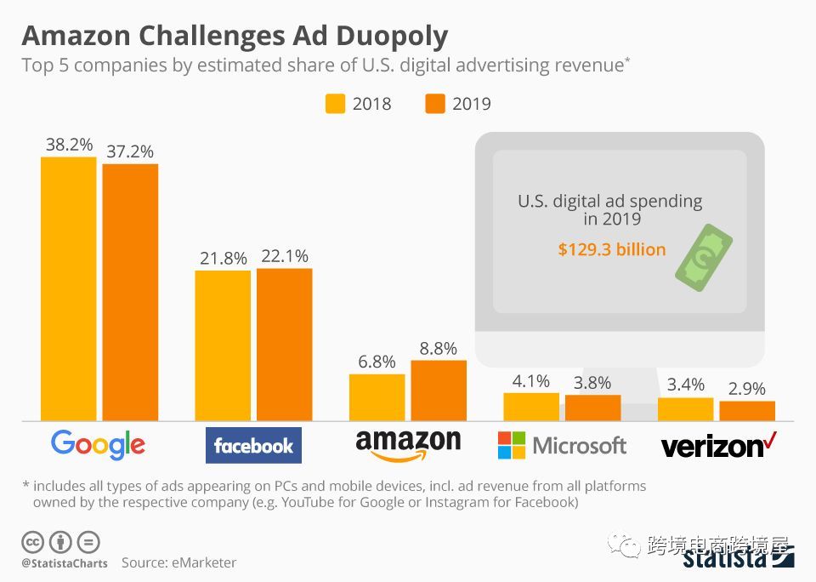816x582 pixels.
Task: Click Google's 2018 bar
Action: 69,288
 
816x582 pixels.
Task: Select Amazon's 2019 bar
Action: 439,391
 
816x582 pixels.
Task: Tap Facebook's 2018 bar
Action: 223,345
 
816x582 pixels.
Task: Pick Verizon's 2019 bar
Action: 747,411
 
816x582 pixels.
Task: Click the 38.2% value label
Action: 69,145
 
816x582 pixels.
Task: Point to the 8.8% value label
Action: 439,348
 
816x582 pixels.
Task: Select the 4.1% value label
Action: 531,380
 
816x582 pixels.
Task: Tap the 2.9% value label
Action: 747,389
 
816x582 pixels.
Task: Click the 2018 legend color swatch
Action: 335,104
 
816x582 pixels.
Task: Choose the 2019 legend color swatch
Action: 434,104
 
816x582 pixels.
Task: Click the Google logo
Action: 98,445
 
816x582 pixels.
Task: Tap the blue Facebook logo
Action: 253,446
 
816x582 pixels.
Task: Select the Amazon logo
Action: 408,444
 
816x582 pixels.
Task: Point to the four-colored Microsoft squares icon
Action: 511,445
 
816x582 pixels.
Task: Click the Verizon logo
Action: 719,445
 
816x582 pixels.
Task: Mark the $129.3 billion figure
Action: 611,250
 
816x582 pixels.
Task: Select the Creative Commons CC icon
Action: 32,541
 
